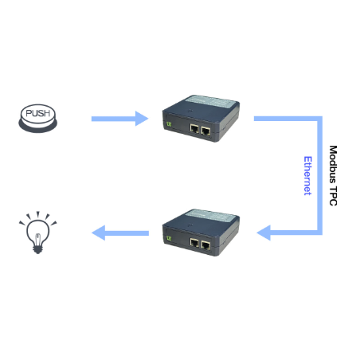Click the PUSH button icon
[x=38, y=119]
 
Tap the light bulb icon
[x=37, y=233]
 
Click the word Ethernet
[x=307, y=176]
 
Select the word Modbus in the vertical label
[x=333, y=164]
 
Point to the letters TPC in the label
[x=333, y=196]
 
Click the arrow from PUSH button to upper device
[x=119, y=119]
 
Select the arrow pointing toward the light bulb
[x=120, y=233]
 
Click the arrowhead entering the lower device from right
[x=264, y=233]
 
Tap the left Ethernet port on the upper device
[x=194, y=129]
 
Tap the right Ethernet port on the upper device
[x=205, y=131]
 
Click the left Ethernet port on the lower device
[x=194, y=243]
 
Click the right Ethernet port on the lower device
[x=205, y=245]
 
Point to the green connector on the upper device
[x=169, y=124]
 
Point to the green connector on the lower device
[x=169, y=238]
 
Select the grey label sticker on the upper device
[x=211, y=102]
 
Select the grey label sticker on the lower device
[x=211, y=216]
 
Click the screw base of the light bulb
[x=37, y=249]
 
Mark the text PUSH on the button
[x=38, y=113]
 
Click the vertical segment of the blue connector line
[x=319, y=175]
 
